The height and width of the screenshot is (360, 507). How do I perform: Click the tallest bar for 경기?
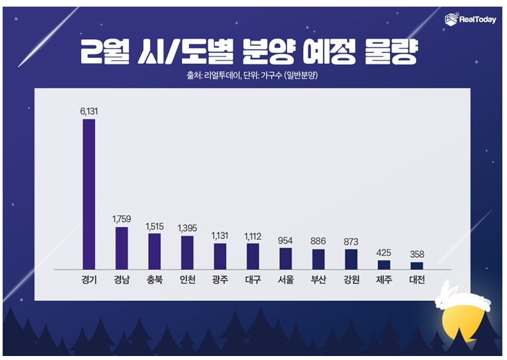coord(88,193)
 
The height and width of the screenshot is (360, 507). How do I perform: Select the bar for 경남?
coord(122,247)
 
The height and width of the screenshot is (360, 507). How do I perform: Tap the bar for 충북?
coord(154,250)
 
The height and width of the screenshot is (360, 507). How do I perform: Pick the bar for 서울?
coord(286,258)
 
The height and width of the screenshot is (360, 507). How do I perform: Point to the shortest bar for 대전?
coord(417,265)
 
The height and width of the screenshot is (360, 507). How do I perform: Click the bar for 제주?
coord(384,264)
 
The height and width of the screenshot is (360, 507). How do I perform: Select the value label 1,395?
coord(187,228)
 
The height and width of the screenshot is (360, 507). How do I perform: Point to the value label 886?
coord(318,240)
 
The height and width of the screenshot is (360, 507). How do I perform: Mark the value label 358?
coord(417,254)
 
